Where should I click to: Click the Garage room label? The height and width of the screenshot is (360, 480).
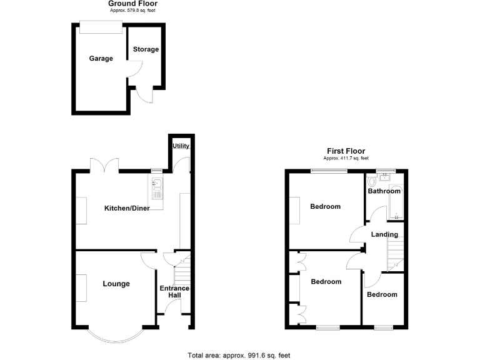(x=101, y=59)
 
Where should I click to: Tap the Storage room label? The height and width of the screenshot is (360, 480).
(x=146, y=49)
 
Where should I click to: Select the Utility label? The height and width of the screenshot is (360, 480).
(x=181, y=146)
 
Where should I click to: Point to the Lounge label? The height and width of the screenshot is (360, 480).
(x=116, y=284)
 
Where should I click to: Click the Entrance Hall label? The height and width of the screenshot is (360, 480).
(x=174, y=292)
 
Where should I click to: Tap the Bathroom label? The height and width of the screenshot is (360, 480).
(x=384, y=191)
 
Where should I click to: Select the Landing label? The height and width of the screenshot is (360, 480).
(x=384, y=234)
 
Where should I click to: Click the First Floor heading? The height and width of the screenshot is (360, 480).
(x=346, y=151)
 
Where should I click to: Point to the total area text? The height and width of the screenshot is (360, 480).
(x=239, y=355)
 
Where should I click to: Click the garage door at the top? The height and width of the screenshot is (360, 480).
(x=101, y=27)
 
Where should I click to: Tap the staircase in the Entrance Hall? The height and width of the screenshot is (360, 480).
(x=181, y=272)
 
